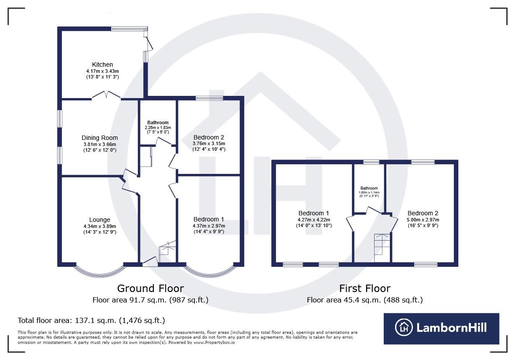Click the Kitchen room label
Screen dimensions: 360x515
pos(102,65)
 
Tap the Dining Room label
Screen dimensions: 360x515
pos(100,138)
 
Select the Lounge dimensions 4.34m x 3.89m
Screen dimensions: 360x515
pos(100,226)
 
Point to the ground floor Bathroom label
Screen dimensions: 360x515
pos(157,122)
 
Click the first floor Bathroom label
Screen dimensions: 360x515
pos(369,188)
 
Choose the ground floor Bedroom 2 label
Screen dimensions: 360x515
pos(209,138)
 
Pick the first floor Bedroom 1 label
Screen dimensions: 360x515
pos(313,214)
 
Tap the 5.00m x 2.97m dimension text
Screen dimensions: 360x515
pos(423,220)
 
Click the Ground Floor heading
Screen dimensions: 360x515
pos(150,288)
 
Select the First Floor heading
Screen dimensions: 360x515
pos(365,288)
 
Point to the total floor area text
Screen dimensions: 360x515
pos(91,320)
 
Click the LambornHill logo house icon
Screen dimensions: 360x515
pos(404,327)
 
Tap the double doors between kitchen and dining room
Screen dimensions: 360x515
pos(106,95)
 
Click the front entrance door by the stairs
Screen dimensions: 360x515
pos(150,262)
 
